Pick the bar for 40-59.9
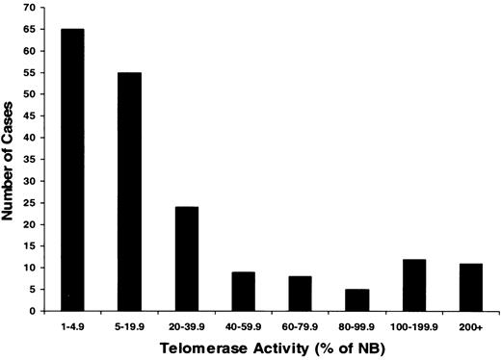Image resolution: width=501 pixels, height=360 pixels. [244, 292]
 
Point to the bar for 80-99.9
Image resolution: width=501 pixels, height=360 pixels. [358, 300]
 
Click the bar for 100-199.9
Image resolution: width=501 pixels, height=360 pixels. [416, 285]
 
